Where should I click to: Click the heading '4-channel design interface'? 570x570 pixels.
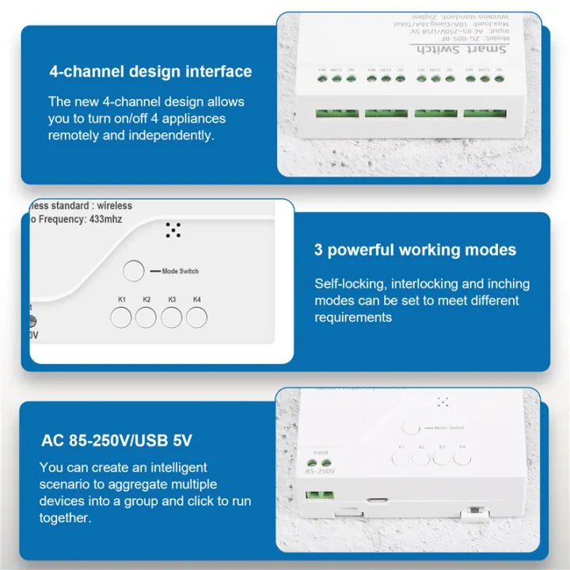150,71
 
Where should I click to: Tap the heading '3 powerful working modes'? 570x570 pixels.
415,250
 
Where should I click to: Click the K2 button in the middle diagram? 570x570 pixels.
146,317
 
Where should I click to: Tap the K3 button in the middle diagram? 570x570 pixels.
172,317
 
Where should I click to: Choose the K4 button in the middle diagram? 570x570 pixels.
197,317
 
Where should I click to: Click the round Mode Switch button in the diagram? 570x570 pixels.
134,272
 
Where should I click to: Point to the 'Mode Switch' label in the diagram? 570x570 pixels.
180,272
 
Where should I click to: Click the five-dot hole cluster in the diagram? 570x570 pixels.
173,230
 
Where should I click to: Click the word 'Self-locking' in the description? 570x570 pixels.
346,283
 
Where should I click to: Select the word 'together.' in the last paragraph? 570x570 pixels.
65,518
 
